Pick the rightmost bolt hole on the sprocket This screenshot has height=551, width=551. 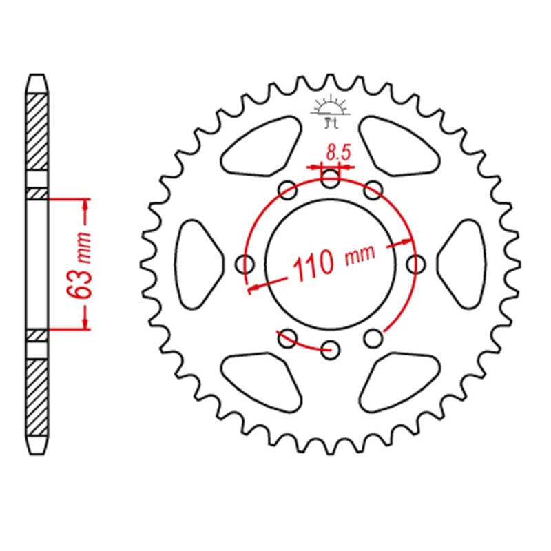[x=415, y=262]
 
